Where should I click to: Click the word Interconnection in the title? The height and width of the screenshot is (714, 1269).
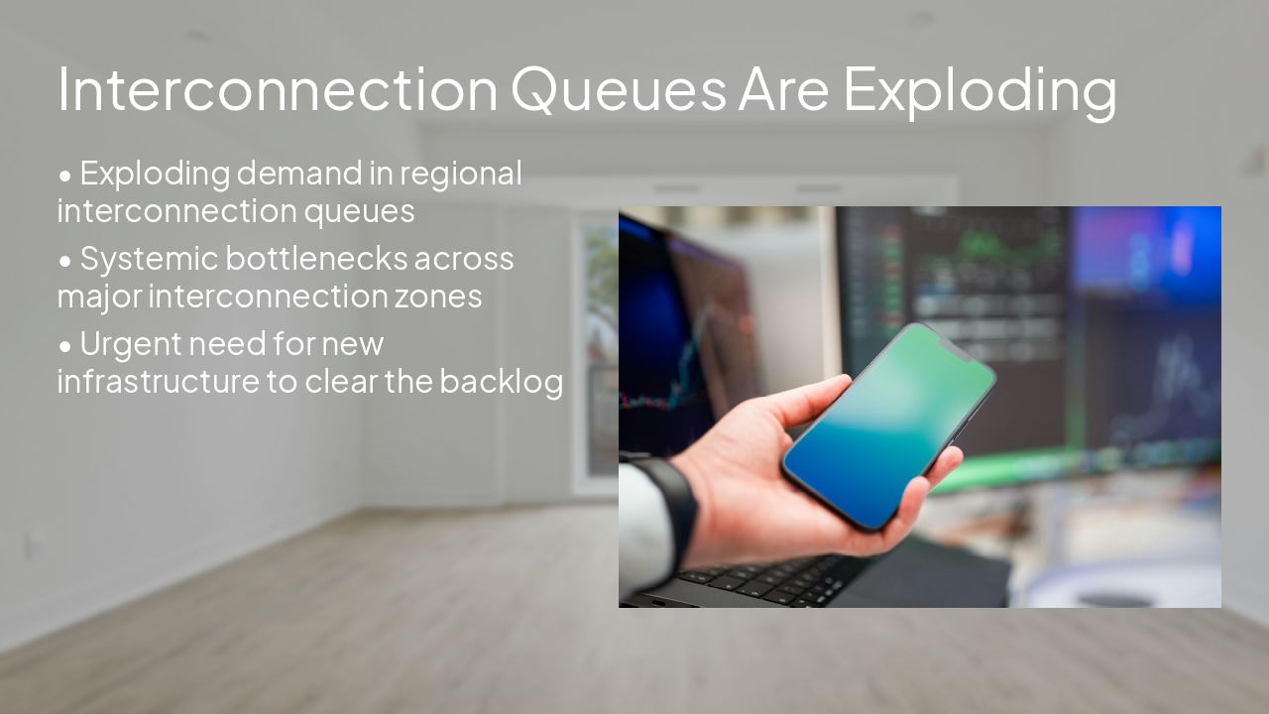pyautogui.click(x=278, y=89)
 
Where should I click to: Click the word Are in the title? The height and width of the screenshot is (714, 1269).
pyautogui.click(x=783, y=89)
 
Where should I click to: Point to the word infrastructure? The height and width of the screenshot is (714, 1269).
pyautogui.click(x=158, y=382)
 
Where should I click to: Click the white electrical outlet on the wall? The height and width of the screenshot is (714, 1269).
pyautogui.click(x=36, y=542)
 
